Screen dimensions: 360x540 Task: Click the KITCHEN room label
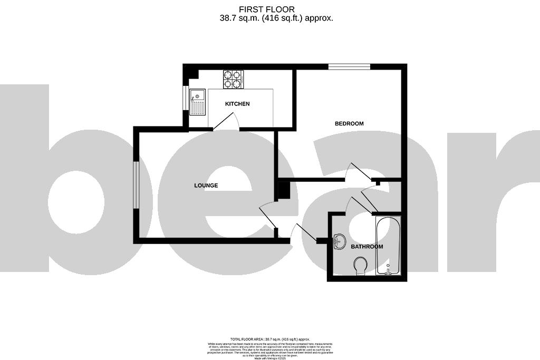(x=237, y=104)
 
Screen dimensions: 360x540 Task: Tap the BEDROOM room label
(x=349, y=124)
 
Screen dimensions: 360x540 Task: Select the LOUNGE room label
(x=206, y=186)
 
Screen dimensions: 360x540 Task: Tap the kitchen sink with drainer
(x=197, y=102)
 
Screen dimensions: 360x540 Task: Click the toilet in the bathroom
(x=361, y=265)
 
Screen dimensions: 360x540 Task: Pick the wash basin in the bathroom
(x=339, y=240)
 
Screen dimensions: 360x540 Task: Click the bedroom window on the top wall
(x=349, y=66)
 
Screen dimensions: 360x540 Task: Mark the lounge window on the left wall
(x=136, y=185)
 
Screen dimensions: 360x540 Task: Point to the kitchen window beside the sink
(x=185, y=100)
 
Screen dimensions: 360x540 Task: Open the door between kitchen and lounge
(x=225, y=122)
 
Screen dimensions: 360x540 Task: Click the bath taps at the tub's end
(x=388, y=270)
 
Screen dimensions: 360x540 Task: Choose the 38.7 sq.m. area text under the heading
(x=276, y=18)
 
